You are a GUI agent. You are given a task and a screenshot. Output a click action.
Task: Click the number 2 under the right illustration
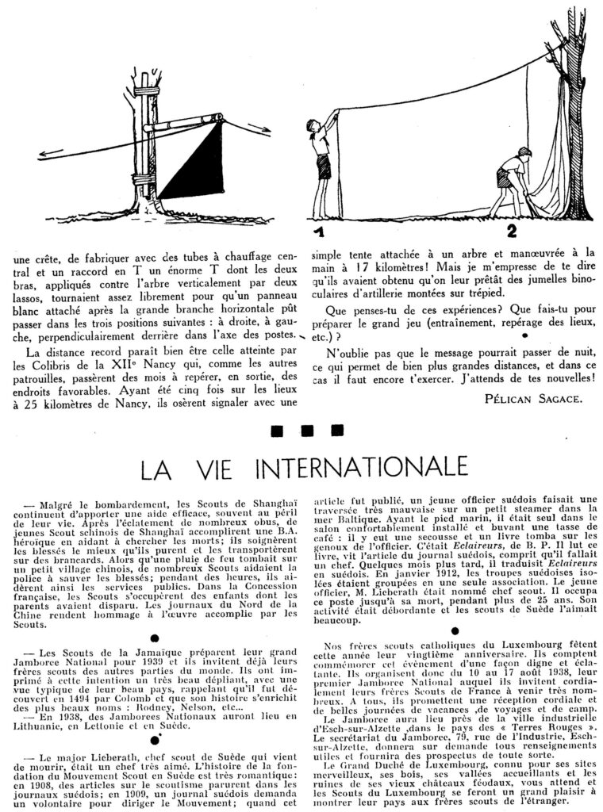point(511,231)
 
